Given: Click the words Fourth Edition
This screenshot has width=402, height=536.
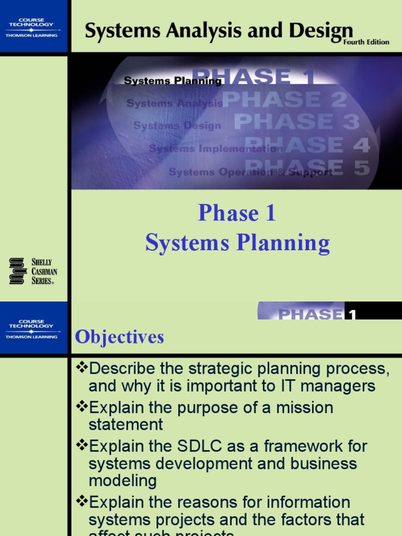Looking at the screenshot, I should (366, 42).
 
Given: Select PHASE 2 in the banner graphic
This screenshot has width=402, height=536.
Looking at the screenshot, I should (285, 99).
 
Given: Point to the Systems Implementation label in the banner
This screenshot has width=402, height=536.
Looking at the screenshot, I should (215, 149).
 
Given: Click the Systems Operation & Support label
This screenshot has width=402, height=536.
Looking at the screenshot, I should (250, 172).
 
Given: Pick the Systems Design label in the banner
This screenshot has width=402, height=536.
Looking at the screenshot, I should (177, 126).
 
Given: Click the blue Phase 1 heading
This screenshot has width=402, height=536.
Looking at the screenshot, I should (237, 213).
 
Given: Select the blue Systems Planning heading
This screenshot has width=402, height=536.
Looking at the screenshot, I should (237, 243).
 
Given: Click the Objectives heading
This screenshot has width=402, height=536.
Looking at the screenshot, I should (119, 337).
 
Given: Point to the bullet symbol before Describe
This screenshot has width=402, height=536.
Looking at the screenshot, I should (81, 368).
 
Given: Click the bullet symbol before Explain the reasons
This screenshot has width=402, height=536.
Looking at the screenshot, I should (81, 502).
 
